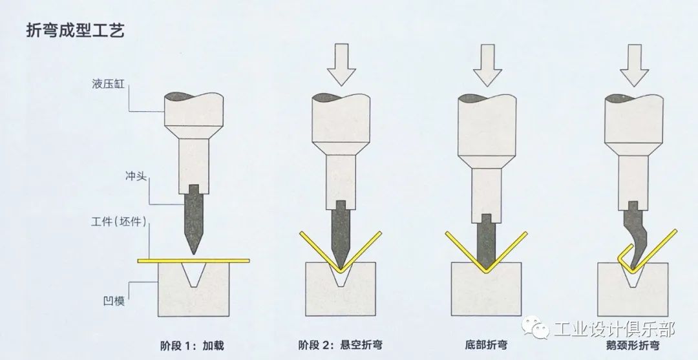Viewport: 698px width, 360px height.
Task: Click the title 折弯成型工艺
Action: click(74, 31)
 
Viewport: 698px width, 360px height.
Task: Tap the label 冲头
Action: click(137, 175)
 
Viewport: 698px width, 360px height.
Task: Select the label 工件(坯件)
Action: click(119, 223)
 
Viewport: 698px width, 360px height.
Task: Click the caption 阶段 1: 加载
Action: click(192, 345)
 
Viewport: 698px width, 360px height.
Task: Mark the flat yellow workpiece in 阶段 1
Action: click(194, 260)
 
